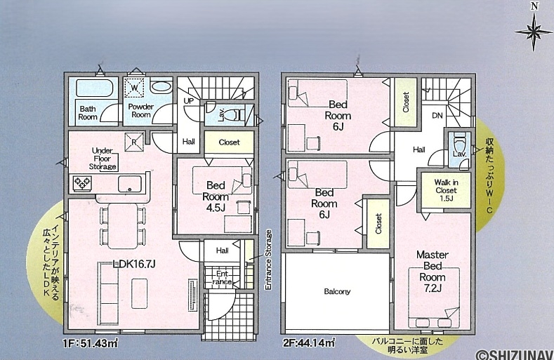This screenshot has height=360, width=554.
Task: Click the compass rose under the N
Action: tap(534, 32)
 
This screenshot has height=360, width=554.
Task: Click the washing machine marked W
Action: tap(135, 87)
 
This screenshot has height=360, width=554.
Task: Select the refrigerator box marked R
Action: tap(134, 142)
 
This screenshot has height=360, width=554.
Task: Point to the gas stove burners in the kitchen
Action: tap(82, 183)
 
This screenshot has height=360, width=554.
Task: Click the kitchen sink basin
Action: tap(130, 183)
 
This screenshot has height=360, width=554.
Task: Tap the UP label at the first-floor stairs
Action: tap(189, 101)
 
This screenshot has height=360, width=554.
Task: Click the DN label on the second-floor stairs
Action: tap(437, 115)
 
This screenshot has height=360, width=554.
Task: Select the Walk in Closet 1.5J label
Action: tap(447, 190)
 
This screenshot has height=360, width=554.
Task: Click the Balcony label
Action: tap(337, 291)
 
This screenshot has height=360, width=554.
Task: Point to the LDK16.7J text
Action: tap(134, 264)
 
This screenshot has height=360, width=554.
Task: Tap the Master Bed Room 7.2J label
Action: tap(433, 272)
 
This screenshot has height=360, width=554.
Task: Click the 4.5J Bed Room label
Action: tap(216, 196)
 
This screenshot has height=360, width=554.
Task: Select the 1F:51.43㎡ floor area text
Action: tap(91, 342)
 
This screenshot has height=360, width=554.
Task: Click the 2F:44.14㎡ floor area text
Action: tap(309, 342)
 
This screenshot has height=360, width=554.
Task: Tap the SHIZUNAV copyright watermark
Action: tap(515, 354)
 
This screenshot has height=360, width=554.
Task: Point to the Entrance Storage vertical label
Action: tap(268, 260)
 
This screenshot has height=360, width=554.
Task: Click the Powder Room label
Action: tap(141, 111)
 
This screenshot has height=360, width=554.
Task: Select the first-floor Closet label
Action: tap(229, 142)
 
